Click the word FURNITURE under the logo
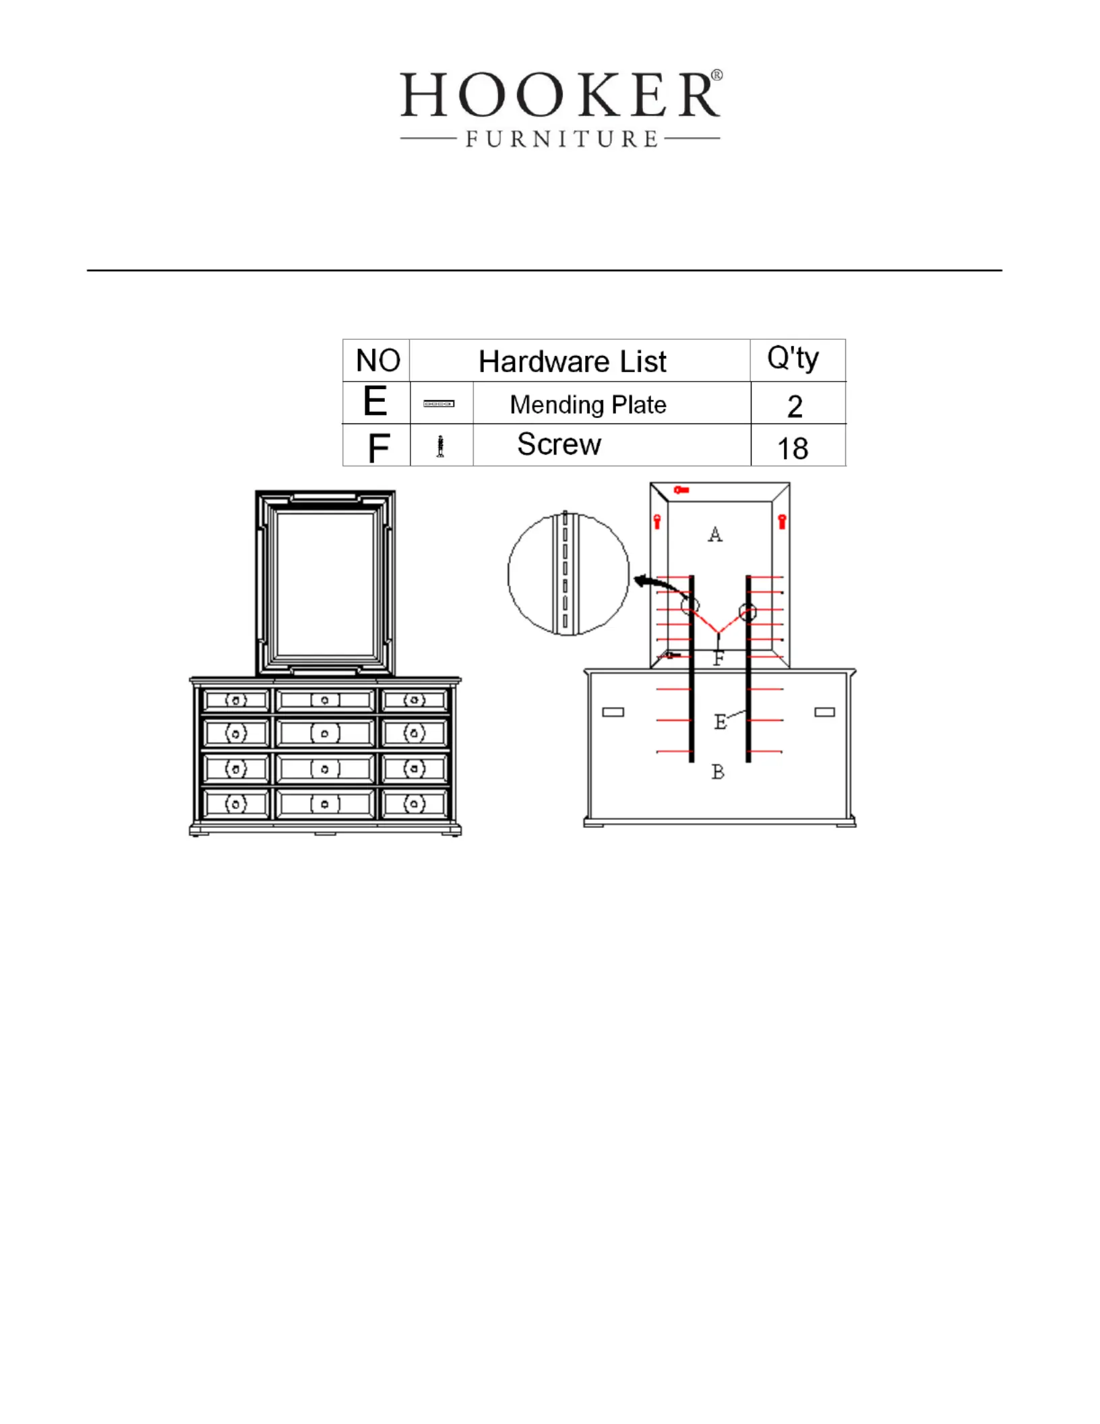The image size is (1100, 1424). point(561,139)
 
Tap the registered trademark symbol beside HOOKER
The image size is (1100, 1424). point(717,75)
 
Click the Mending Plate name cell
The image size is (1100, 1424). point(588,405)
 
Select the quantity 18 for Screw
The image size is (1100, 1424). point(793,448)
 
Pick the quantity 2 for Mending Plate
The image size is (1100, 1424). point(795,406)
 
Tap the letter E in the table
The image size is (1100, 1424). point(375,401)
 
